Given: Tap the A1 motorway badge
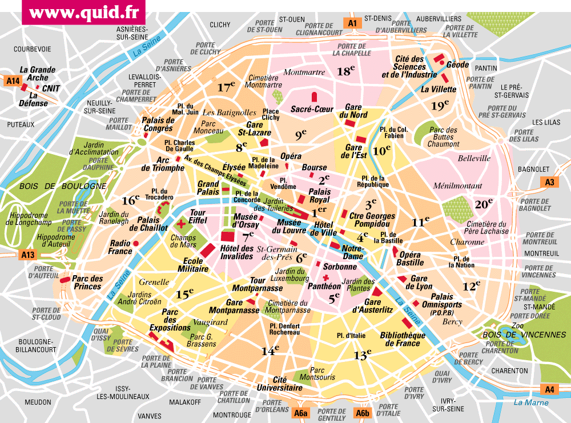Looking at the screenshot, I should (352, 23).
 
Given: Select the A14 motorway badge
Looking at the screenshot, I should (13, 81).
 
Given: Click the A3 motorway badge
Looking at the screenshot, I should (549, 182).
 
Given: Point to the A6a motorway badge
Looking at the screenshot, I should (300, 413).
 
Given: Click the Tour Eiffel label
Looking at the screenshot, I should (198, 217).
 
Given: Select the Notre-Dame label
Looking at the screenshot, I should (352, 252).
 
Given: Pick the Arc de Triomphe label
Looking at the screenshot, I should (163, 164).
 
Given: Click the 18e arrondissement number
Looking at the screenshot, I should (345, 71).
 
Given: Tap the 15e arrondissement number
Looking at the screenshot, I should (183, 295).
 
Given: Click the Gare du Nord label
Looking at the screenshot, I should (353, 111).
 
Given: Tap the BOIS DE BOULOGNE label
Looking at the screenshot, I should (63, 186).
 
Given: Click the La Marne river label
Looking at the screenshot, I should (530, 402).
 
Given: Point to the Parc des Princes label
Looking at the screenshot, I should (87, 282).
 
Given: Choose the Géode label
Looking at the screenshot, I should (457, 65).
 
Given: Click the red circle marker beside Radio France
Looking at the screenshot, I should (136, 244).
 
